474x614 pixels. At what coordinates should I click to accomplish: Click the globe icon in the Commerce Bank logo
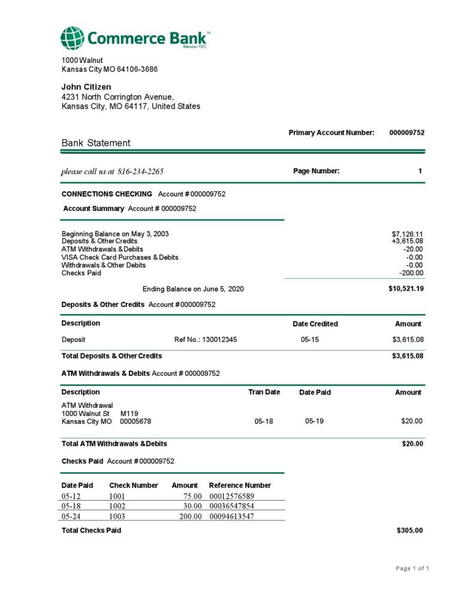coord(72,38)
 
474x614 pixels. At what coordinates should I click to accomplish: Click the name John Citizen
coord(86,87)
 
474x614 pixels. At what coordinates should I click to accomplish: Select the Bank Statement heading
coord(96,143)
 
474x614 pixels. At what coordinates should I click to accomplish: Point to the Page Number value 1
coord(420,171)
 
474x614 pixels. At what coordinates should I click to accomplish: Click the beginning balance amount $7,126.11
coord(407,234)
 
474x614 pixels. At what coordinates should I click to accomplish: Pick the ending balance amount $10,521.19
coord(406,288)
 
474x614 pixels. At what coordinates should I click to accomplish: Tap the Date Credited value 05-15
coord(309,339)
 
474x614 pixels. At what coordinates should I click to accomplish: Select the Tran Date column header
coord(264,392)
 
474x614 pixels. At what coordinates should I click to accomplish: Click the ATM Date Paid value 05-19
coord(313,422)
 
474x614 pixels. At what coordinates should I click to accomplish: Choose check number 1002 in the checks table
coord(117,506)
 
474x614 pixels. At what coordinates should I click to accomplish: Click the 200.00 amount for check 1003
coord(191,516)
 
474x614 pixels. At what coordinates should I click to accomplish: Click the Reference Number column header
coord(240,485)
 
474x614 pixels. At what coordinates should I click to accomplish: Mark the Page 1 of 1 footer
coord(412,568)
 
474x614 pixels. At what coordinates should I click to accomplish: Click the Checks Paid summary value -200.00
coord(411,273)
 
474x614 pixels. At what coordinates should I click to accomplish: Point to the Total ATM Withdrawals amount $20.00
coord(412,444)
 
